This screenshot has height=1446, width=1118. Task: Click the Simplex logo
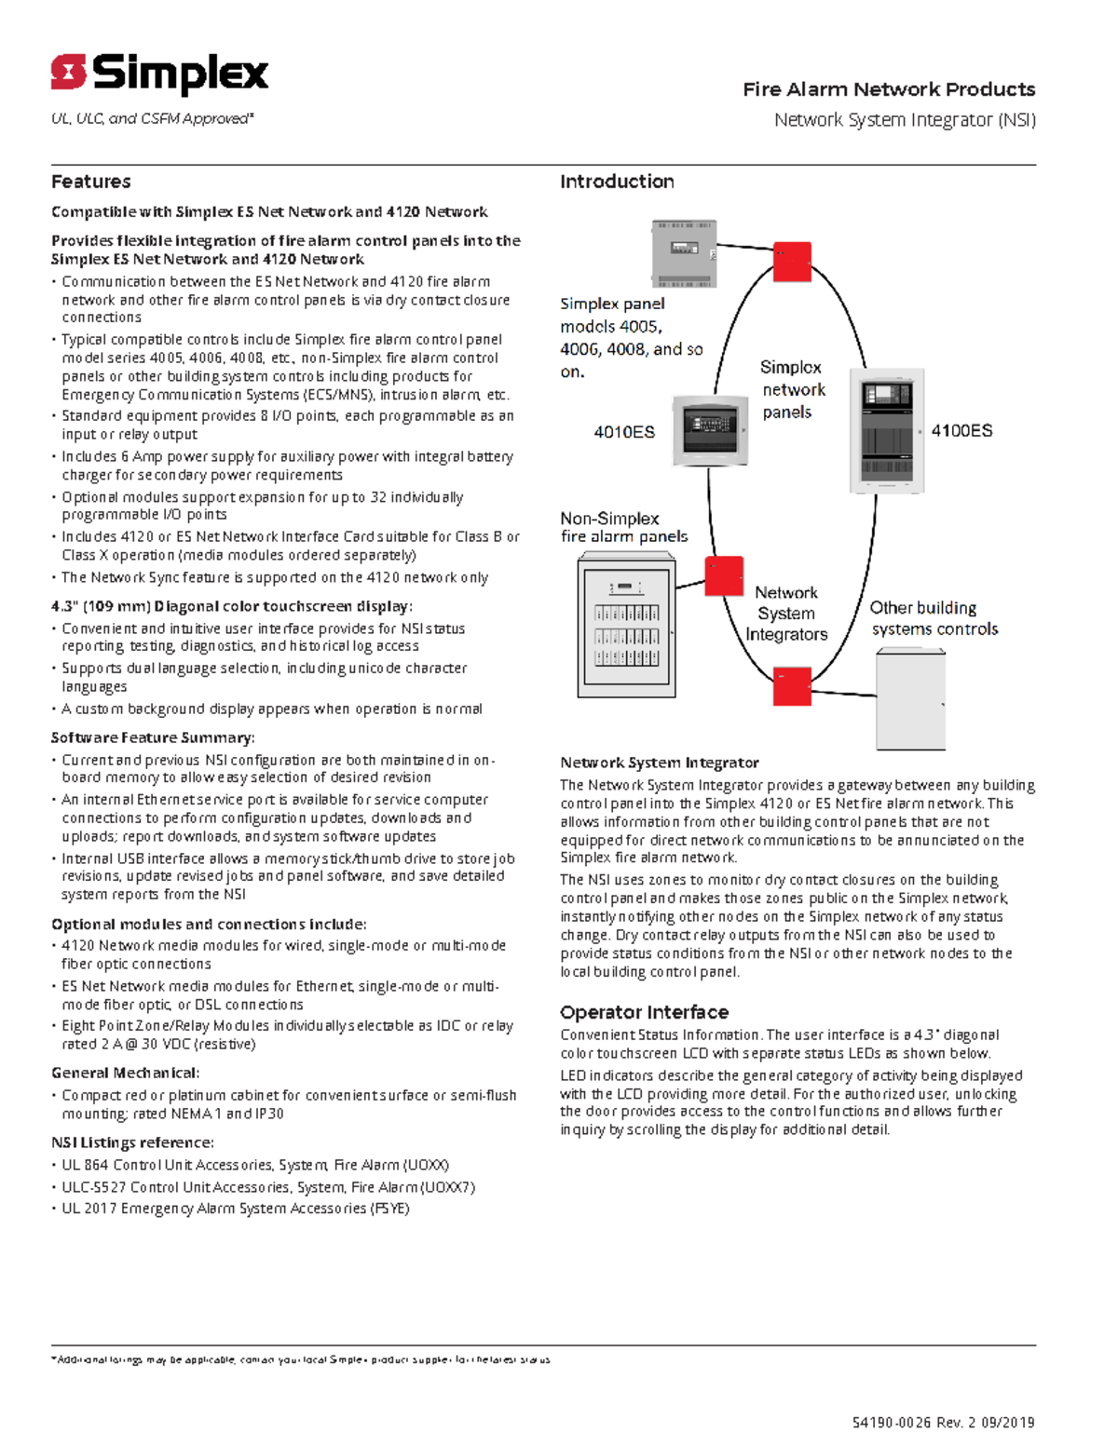pos(159,74)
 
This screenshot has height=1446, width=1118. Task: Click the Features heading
pos(90,182)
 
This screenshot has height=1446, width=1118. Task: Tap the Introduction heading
pos(617,182)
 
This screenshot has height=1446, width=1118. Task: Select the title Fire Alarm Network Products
pos(889,89)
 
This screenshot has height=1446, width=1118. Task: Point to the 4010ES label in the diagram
pos(624,432)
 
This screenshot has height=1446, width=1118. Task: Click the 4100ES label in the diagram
pos(961,430)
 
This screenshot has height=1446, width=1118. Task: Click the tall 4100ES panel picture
pos(886,430)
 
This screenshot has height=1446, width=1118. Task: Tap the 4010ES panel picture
pos(710,430)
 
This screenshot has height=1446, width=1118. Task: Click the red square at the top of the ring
pos(792,262)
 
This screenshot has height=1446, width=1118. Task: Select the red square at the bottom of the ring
pos(792,687)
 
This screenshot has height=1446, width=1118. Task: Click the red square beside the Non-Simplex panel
pos(724,576)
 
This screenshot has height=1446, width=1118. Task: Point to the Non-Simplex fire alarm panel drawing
pos(626,625)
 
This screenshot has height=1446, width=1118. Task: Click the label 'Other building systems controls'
pos(934,618)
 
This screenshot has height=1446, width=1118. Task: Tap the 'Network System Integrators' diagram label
pos(786,614)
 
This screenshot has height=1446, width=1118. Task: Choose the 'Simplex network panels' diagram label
pos(792,390)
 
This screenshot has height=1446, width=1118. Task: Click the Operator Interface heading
pos(644,1012)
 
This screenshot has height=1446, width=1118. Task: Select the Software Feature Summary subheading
pos(153,737)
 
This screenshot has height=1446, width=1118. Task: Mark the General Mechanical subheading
pos(125,1073)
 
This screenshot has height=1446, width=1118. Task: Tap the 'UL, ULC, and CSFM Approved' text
pos(152,119)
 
